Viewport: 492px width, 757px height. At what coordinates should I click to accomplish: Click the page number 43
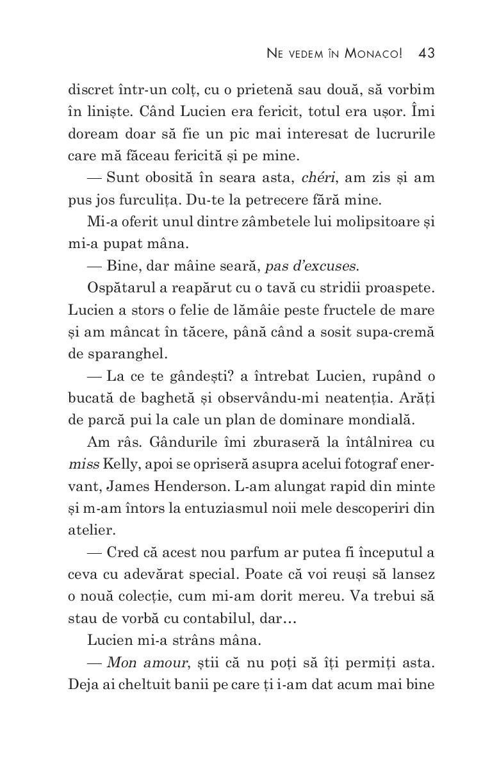[x=426, y=53]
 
